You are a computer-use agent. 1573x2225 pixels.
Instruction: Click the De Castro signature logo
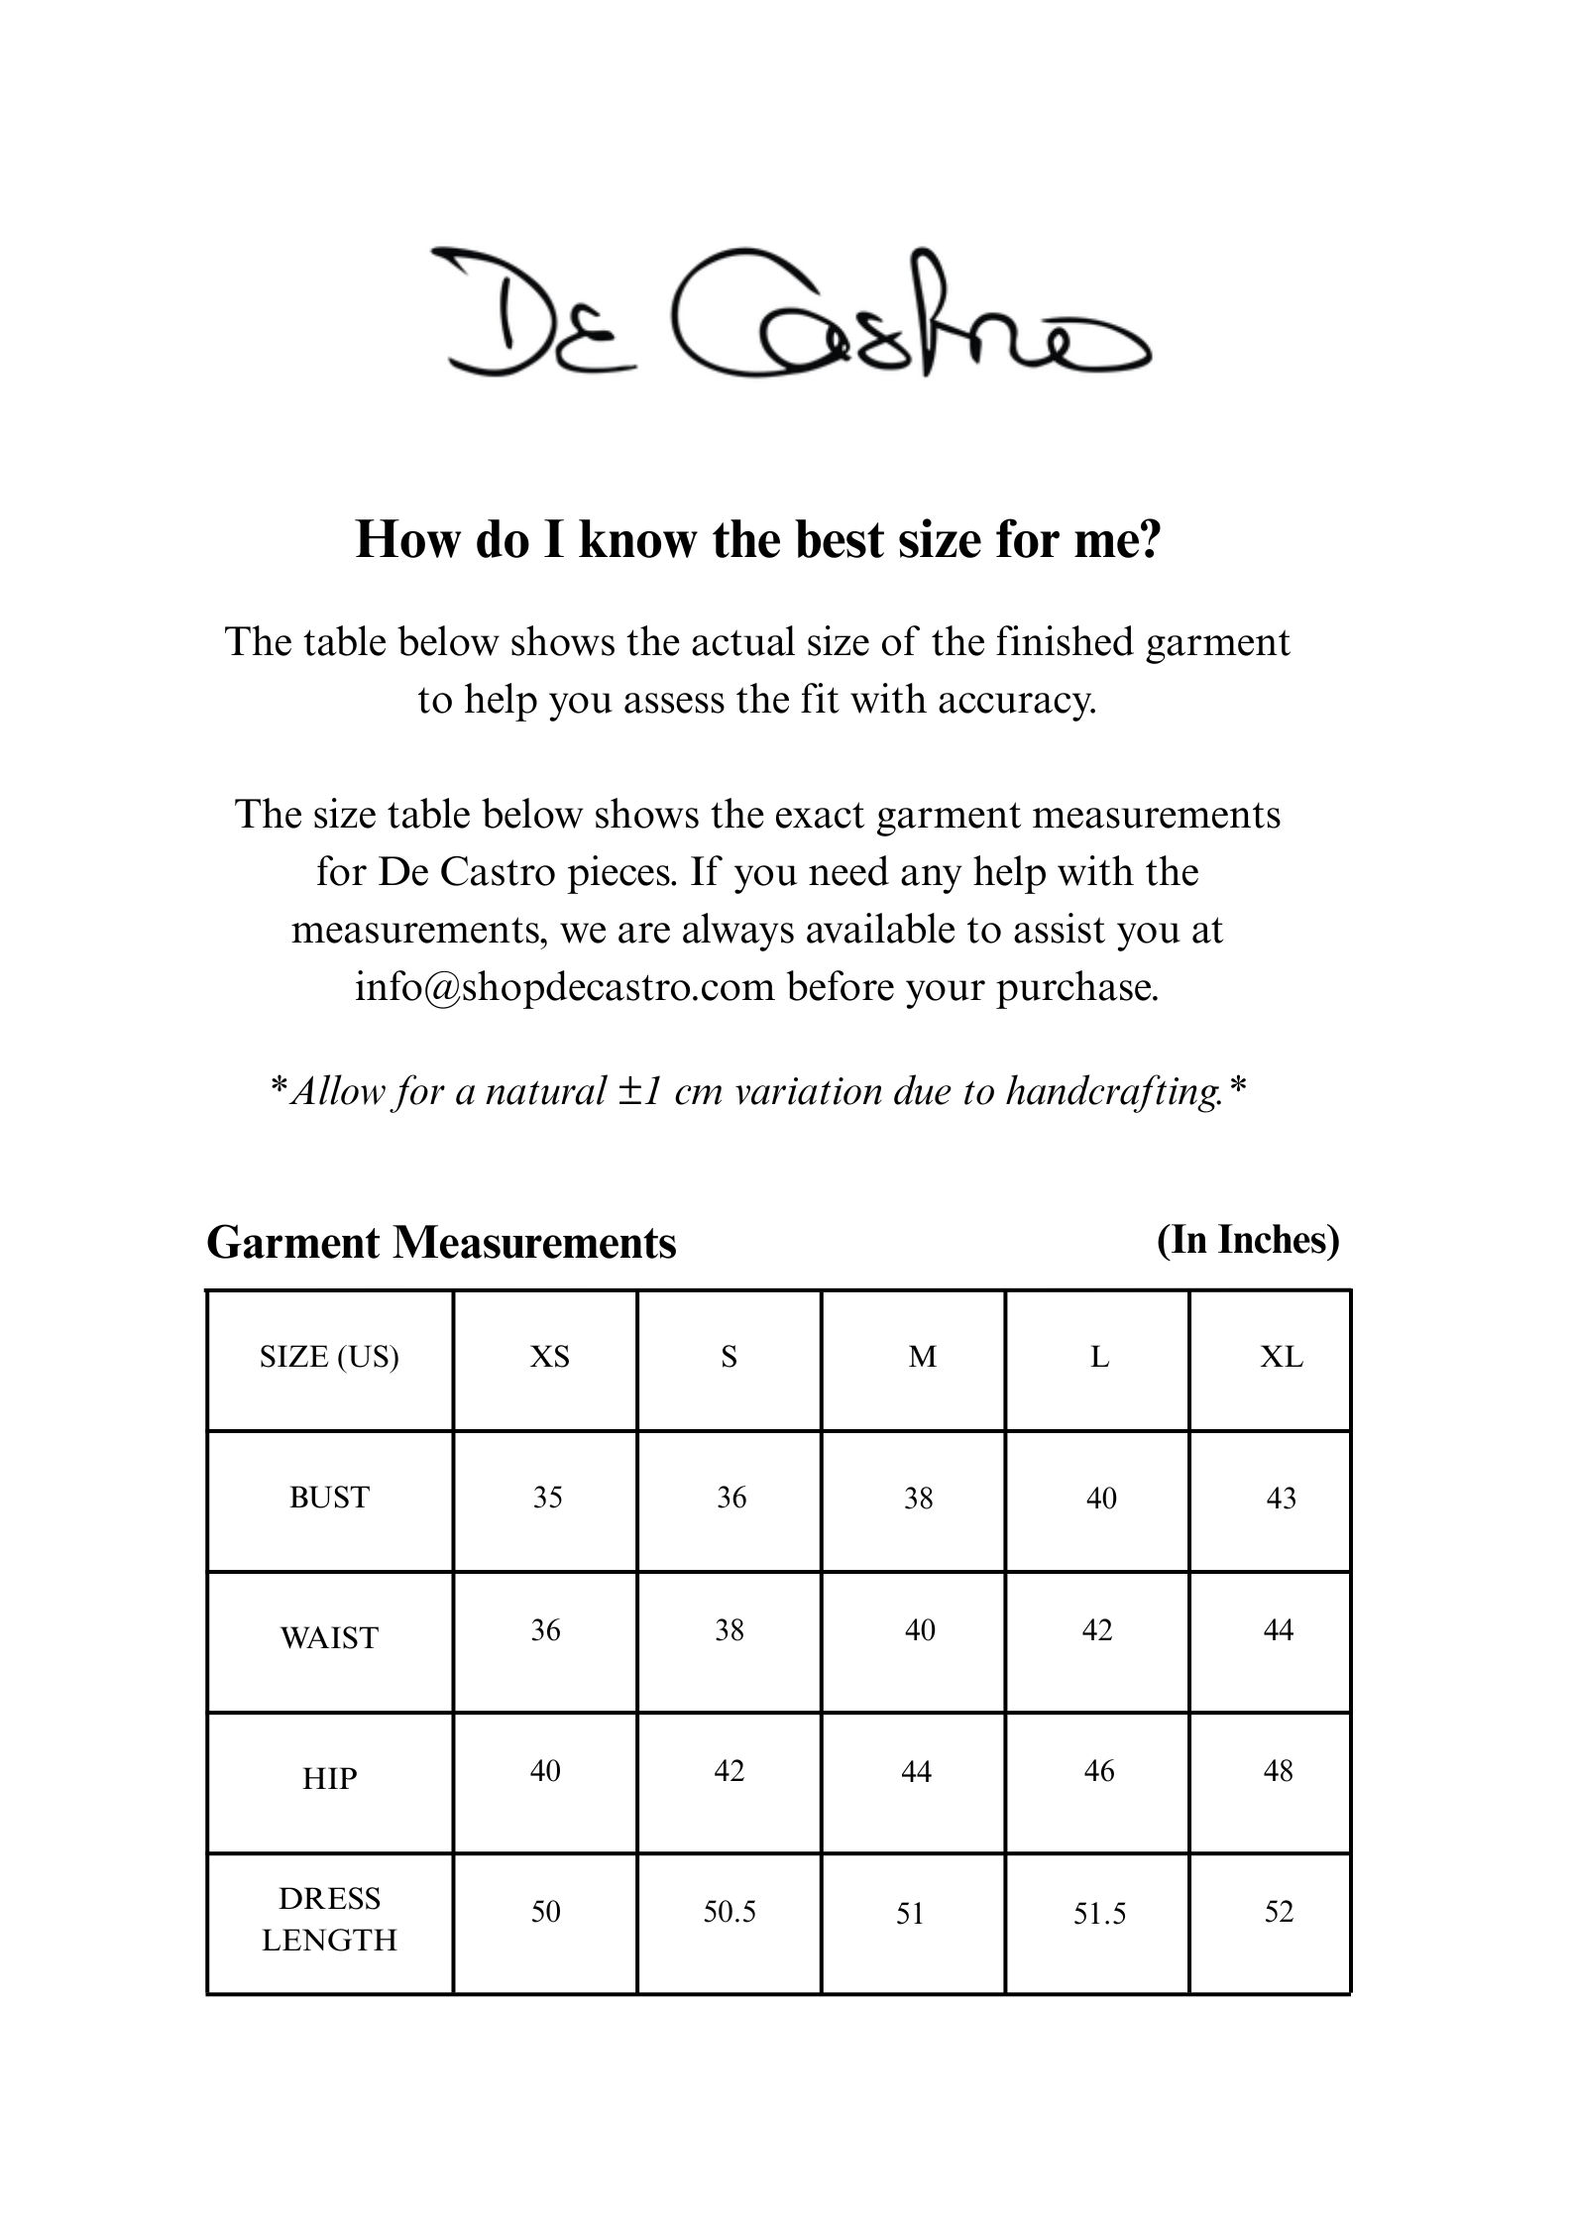pos(790,312)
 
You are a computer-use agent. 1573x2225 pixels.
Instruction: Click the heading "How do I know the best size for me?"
pos(757,541)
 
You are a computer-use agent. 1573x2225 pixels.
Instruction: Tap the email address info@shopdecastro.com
pos(564,987)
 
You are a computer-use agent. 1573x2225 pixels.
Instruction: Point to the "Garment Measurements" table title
pos(441,1243)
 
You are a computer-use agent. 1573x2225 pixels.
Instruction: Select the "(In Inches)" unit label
pos(1248,1240)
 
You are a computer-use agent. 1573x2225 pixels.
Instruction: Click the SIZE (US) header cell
pos(329,1357)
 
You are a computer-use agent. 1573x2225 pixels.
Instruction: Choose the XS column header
pos(549,1357)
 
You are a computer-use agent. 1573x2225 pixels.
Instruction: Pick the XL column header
pos(1281,1357)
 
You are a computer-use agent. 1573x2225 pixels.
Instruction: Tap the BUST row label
pos(329,1498)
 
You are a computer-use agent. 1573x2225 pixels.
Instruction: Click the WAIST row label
pos(329,1638)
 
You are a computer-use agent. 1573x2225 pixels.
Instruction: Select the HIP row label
pos(329,1779)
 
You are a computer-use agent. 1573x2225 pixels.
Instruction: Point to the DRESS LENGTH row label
pos(329,1920)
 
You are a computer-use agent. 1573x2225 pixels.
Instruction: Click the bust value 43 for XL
pos(1281,1499)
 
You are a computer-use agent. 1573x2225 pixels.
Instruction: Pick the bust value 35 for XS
pos(547,1498)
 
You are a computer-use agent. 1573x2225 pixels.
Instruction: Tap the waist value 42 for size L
pos(1097,1630)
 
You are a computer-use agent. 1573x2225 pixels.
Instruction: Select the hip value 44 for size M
pos(916,1772)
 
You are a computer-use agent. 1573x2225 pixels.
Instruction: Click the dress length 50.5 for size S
pos(730,1912)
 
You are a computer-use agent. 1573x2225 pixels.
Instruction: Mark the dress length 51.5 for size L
pos(1099,1914)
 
